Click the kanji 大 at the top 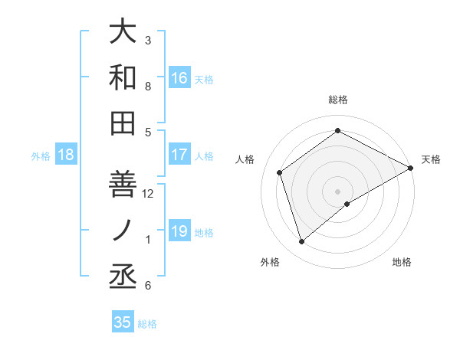click(x=123, y=32)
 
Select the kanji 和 click(x=123, y=77)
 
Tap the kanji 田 click(x=123, y=123)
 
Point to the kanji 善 click(x=123, y=184)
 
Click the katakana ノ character click(x=123, y=231)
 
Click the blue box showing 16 click(x=179, y=78)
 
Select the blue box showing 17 click(x=179, y=155)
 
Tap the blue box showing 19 click(x=179, y=231)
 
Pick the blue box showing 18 click(x=66, y=155)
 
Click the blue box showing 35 click(x=123, y=322)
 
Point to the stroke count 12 click(x=149, y=193)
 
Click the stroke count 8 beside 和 click(x=149, y=87)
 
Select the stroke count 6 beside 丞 click(x=149, y=286)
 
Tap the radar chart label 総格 click(x=338, y=100)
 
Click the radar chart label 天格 click(x=431, y=159)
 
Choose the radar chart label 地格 click(x=402, y=262)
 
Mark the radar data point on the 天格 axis click(x=411, y=169)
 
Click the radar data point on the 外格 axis click(x=301, y=242)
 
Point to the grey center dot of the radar click(x=338, y=191)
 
